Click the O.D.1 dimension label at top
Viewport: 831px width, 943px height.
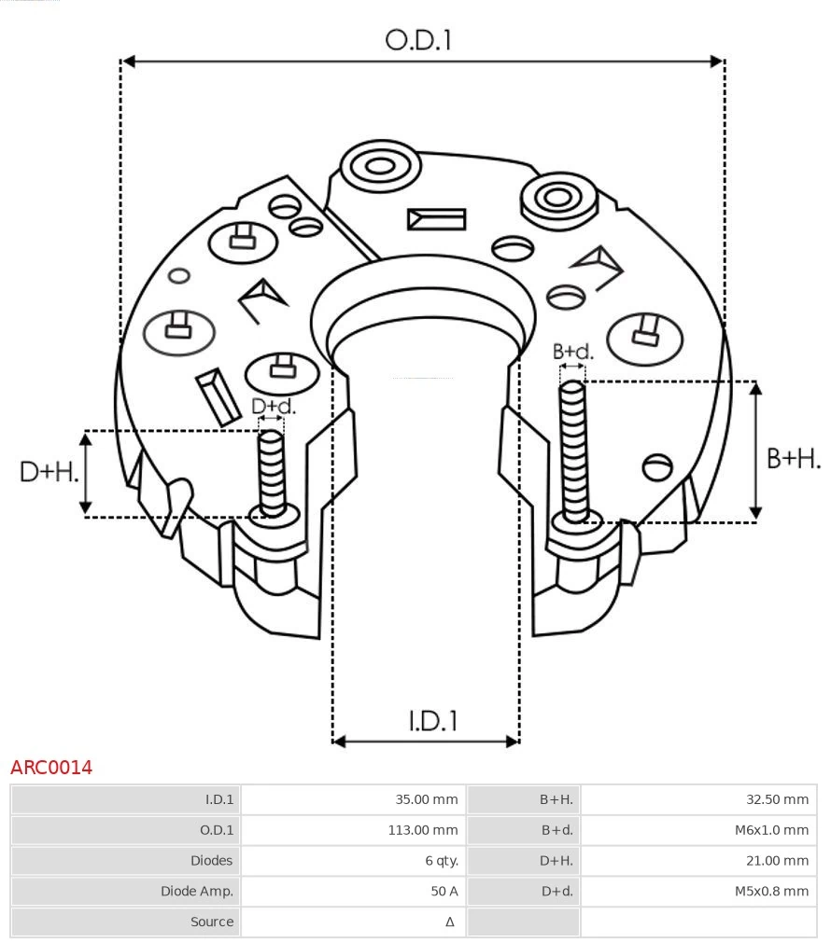pyautogui.click(x=418, y=39)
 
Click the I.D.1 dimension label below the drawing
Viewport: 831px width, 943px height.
pyautogui.click(x=433, y=721)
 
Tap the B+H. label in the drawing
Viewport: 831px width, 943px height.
pyautogui.click(x=794, y=458)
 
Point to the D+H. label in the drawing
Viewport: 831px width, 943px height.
pyautogui.click(x=49, y=472)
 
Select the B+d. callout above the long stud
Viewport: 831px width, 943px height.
pyautogui.click(x=572, y=352)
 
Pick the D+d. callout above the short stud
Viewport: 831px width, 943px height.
pyautogui.click(x=273, y=407)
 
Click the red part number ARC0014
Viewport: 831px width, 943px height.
pyautogui.click(x=51, y=768)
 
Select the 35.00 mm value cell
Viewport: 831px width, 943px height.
pyautogui.click(x=427, y=799)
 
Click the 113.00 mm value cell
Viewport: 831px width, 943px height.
pyautogui.click(x=423, y=830)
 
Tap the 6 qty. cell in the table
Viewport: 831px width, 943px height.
pyautogui.click(x=441, y=861)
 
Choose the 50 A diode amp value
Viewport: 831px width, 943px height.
pyautogui.click(x=444, y=892)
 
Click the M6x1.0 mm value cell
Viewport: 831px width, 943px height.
pyautogui.click(x=770, y=830)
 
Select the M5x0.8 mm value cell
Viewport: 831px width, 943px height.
pyautogui.click(x=770, y=892)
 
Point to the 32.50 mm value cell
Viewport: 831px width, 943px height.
pyautogui.click(x=777, y=799)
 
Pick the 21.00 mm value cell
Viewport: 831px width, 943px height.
pyautogui.click(x=777, y=861)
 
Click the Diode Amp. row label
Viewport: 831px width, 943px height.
pyautogui.click(x=196, y=892)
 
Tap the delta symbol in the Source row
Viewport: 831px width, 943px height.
pyautogui.click(x=450, y=922)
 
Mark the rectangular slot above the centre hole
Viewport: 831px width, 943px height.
pyautogui.click(x=436, y=219)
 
